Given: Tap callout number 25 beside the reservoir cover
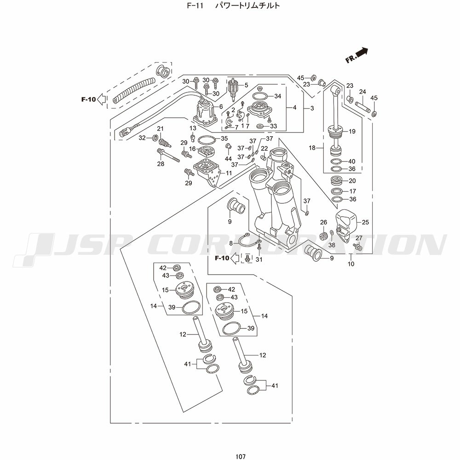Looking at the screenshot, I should point(365,222).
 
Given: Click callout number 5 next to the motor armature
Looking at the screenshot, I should point(246,85).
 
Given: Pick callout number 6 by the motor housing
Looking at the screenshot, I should point(221,107).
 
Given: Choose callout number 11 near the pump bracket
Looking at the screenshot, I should point(229,173).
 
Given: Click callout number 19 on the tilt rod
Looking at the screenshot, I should point(352,132).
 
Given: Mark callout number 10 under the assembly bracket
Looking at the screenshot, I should point(351,264).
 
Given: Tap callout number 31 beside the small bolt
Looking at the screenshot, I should point(259,260).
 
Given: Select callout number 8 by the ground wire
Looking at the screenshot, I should point(231,242).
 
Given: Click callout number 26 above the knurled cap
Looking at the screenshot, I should point(323,222).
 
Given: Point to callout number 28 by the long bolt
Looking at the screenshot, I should point(161,164).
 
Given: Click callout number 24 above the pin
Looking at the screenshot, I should point(362,92).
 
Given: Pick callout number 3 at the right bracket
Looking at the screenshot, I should point(312,109).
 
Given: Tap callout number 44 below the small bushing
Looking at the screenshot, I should point(228,159).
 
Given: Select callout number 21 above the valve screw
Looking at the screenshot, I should point(161,128).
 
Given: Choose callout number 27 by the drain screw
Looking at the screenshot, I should point(359,238).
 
